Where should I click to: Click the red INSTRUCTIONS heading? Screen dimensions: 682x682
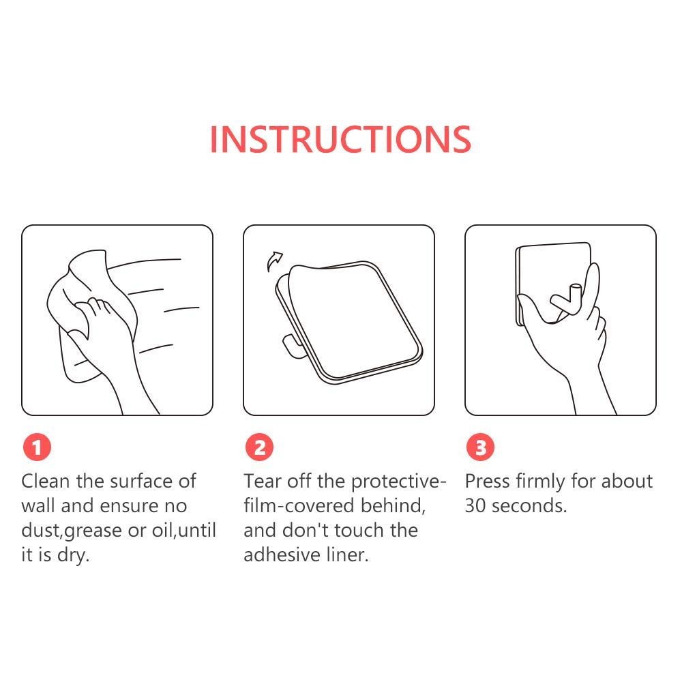pos(340,140)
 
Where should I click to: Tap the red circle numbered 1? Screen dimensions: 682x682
pos(37,447)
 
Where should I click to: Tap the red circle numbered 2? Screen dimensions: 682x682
pos(259,447)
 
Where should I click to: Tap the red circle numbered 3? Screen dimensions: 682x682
pos(480,447)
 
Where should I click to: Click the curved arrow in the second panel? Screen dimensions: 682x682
pos(274,261)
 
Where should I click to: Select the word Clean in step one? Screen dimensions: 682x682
pos(46,481)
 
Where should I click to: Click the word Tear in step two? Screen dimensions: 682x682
pos(263,481)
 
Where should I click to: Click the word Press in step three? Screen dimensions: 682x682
pos(487,481)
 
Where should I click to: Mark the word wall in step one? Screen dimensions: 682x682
pos(38,506)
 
